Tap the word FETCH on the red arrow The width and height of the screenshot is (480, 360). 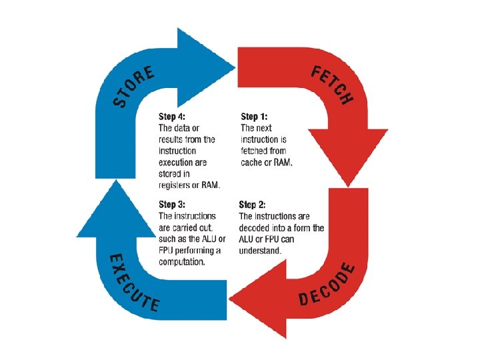(332, 85)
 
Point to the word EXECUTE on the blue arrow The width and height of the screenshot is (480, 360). (134, 283)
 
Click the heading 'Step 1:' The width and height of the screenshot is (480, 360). (255, 117)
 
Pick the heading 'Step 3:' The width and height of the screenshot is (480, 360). (173, 205)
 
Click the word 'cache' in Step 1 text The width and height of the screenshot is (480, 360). (252, 162)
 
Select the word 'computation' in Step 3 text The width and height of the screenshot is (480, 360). (182, 262)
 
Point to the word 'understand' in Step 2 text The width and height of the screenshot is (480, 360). (260, 251)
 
